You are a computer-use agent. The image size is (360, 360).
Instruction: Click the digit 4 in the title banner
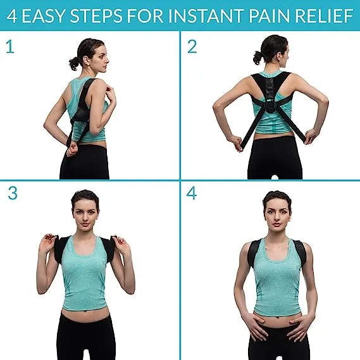click(13, 15)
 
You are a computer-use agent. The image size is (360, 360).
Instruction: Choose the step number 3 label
click(13, 194)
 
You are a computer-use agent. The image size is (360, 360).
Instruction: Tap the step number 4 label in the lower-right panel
click(192, 194)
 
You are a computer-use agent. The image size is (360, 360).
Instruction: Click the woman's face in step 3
click(85, 213)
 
